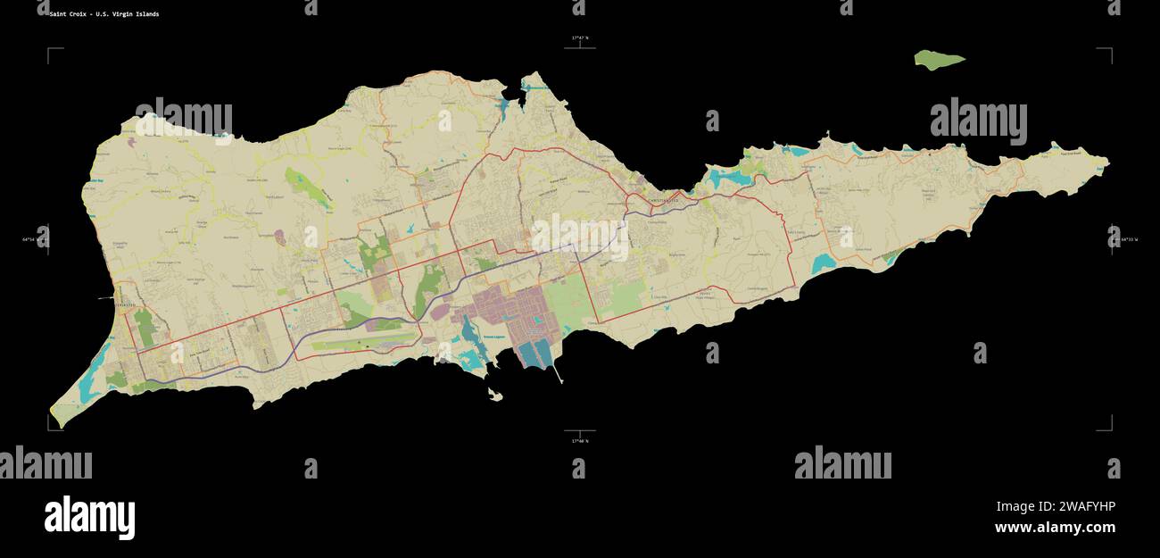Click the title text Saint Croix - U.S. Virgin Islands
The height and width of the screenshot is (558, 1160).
pyautogui.click(x=104, y=14)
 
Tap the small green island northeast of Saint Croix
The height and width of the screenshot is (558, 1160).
pyautogui.click(x=939, y=60)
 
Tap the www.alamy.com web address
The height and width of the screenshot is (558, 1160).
pyautogui.click(x=1054, y=528)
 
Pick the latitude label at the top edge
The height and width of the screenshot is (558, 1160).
pyautogui.click(x=580, y=37)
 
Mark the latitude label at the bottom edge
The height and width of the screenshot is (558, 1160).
pyautogui.click(x=580, y=440)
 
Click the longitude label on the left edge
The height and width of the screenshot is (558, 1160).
pyautogui.click(x=34, y=239)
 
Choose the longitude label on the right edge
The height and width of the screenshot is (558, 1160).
pyautogui.click(x=1126, y=239)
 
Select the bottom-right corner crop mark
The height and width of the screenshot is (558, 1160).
pyautogui.click(x=1110, y=429)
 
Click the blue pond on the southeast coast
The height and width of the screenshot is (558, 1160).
pyautogui.click(x=823, y=263)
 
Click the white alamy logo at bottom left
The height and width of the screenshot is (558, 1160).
pyautogui.click(x=89, y=518)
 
